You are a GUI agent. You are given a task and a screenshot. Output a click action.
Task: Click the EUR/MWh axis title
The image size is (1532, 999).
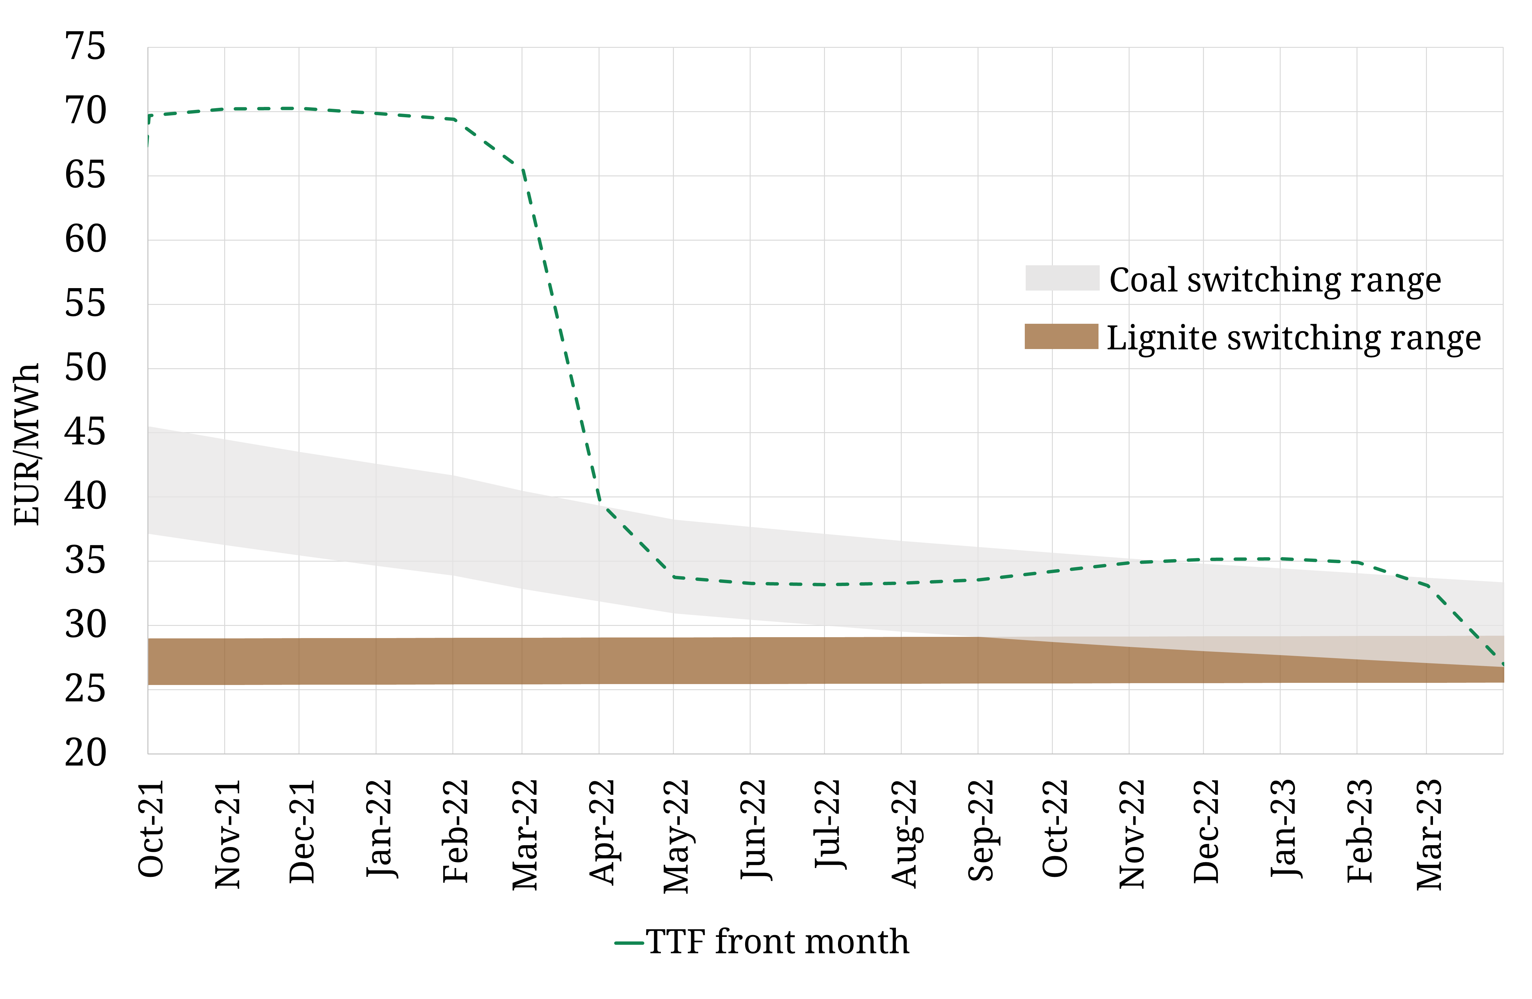(x=27, y=444)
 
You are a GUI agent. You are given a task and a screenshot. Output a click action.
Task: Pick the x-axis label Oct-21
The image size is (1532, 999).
(x=152, y=829)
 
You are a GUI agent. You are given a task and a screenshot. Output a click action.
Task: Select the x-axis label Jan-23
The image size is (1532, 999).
(x=1284, y=829)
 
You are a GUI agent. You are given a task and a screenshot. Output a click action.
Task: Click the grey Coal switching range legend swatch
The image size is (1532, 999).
(x=1062, y=278)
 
